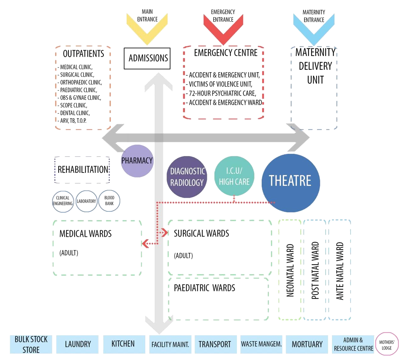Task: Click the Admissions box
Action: click(x=147, y=58)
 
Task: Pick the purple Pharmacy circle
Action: click(x=137, y=161)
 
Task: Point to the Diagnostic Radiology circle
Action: click(x=187, y=177)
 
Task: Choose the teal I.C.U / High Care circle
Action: click(x=234, y=177)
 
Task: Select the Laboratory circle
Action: click(x=86, y=201)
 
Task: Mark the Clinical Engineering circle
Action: click(x=63, y=201)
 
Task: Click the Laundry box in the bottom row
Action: click(x=77, y=344)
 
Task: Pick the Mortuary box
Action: click(x=307, y=344)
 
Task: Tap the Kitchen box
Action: click(x=123, y=344)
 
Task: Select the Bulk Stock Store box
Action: click(x=31, y=344)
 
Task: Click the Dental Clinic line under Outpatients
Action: click(x=75, y=113)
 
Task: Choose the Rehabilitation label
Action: click(x=83, y=170)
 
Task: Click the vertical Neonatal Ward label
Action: click(x=290, y=270)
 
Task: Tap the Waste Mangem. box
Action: click(x=261, y=344)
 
